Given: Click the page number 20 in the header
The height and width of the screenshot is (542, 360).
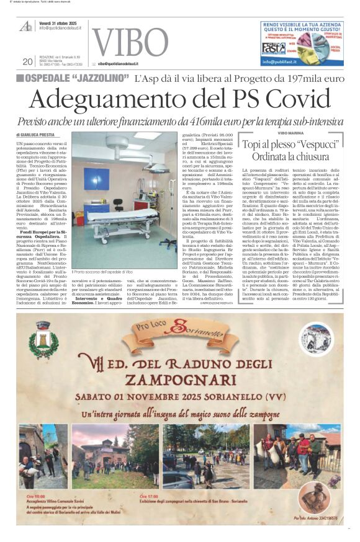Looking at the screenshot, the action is point(27,61).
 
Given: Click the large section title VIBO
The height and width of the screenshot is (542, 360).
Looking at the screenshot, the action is point(130,43).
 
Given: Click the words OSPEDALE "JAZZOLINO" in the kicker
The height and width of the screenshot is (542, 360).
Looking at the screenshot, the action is point(76,79).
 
